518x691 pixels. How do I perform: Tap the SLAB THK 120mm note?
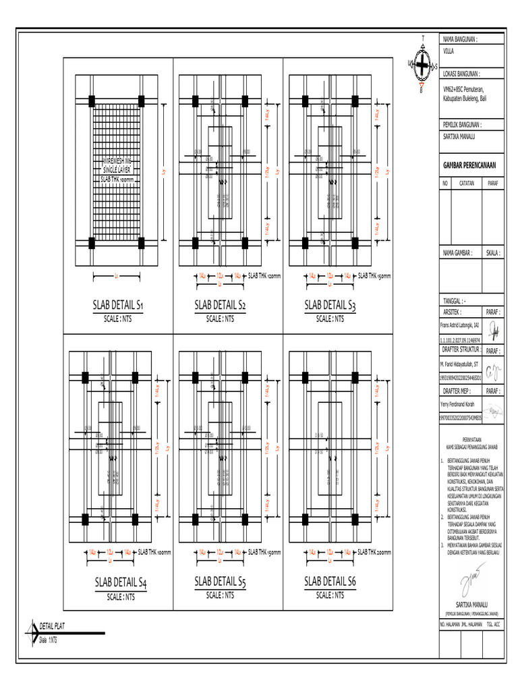[x=264, y=276]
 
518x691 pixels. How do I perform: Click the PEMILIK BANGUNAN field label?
[x=462, y=125]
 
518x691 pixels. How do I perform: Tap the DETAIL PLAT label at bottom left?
[x=53, y=626]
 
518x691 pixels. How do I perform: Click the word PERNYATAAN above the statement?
[x=470, y=438]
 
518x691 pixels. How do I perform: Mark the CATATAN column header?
[x=467, y=183]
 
